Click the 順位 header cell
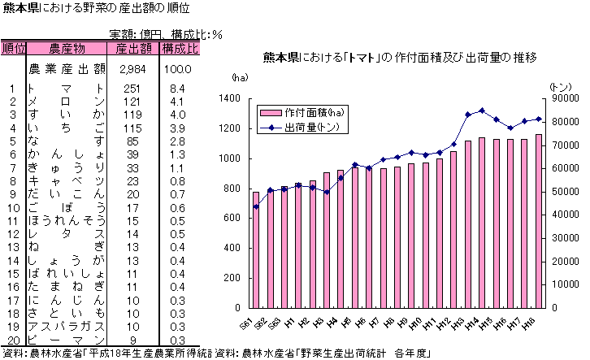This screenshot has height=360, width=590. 14,49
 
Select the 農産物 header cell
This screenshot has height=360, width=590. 67,49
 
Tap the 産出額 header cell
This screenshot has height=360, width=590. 133,49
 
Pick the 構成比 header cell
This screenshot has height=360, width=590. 180,49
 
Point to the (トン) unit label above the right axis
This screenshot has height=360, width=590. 560,86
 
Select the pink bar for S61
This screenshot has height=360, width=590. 256,250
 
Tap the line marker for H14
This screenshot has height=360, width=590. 482,111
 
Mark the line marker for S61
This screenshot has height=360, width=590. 256,206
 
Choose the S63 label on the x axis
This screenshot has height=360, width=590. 275,323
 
